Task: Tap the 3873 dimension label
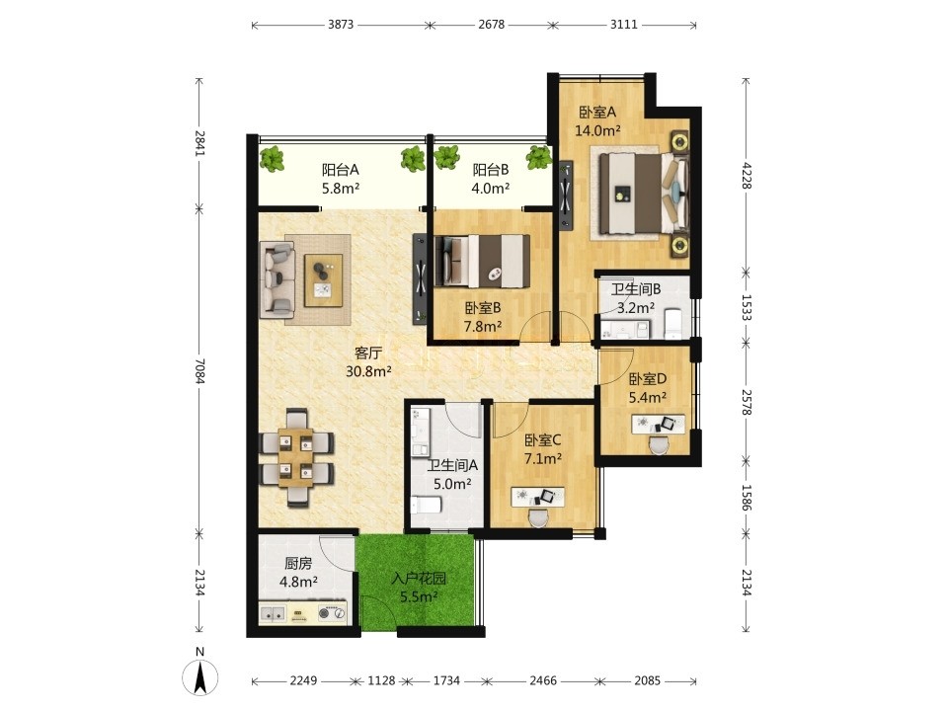(x=341, y=25)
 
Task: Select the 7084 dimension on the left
(x=200, y=370)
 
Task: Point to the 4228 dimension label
(x=747, y=176)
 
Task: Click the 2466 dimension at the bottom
(x=543, y=680)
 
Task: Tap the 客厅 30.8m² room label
(x=368, y=362)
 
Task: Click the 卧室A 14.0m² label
(x=597, y=121)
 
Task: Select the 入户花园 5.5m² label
(x=419, y=588)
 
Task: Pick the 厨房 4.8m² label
(x=298, y=573)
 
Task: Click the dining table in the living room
(x=296, y=457)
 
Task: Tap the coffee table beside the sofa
(x=324, y=280)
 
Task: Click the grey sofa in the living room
(x=277, y=279)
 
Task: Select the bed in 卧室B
(x=482, y=261)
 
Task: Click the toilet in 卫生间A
(x=427, y=505)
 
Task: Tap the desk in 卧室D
(x=659, y=424)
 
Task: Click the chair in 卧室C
(x=538, y=518)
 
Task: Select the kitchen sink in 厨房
(x=273, y=613)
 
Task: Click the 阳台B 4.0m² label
(x=491, y=179)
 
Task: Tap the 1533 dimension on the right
(x=747, y=307)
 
